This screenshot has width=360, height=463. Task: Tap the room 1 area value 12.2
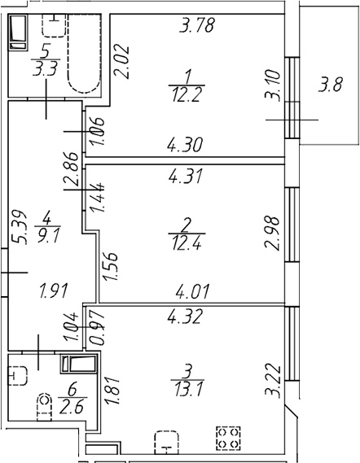pos(187,95)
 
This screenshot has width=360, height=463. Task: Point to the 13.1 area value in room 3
pos(188,390)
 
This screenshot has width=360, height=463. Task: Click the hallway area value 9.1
pos(47,236)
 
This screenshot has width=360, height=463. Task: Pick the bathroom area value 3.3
pos(45,70)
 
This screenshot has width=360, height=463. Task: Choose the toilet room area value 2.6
pos(72,407)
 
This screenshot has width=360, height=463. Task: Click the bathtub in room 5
pos(84,53)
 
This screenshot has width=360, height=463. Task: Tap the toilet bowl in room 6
pos(44,407)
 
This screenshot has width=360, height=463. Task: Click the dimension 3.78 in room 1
pos(197,25)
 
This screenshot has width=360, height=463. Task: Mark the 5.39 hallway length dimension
pos(18,227)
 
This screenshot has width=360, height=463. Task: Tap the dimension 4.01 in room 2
pos(192,290)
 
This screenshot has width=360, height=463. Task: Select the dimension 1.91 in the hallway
pos(54,290)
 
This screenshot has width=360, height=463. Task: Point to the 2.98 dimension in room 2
pos(272,234)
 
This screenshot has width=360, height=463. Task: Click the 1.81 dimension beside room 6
pos(112,391)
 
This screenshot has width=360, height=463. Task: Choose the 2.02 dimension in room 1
pos(121,62)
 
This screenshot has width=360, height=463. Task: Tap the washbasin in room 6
pos(17,376)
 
